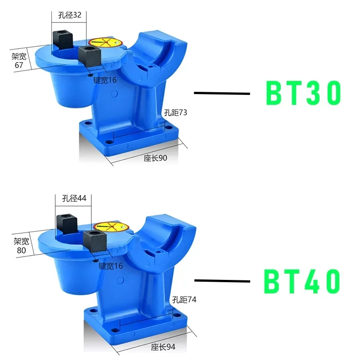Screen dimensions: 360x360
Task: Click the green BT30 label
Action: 303,93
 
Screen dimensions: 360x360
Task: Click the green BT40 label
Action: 302,281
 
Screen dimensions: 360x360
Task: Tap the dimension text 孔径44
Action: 73,198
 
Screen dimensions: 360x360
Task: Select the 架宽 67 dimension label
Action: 19,61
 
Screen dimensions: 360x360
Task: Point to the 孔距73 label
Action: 175,113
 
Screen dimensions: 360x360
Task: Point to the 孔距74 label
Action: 184,299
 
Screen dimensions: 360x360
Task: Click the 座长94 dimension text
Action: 163,346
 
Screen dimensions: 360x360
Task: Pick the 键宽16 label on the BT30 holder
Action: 104,80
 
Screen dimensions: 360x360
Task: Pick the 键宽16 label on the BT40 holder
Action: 111,266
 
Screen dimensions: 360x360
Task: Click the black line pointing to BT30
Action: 221,94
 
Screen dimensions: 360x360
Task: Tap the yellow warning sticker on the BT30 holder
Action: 104,43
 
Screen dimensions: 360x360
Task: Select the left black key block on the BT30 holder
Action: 62,39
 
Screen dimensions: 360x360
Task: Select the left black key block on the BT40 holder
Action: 66,223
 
